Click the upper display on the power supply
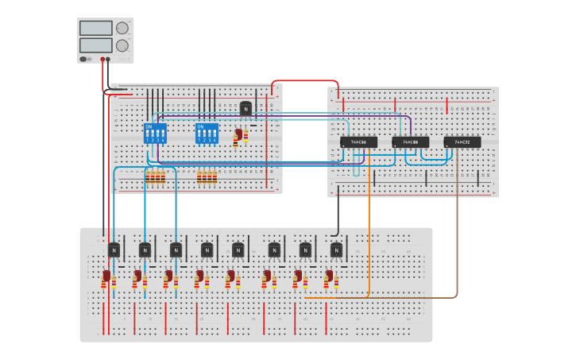click(x=95, y=28)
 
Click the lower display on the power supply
click(x=95, y=45)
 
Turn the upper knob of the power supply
click(x=122, y=28)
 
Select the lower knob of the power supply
click(x=122, y=46)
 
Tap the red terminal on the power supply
click(x=102, y=59)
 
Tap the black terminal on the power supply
click(x=108, y=59)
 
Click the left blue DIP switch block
click(x=155, y=133)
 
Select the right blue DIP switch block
click(x=207, y=133)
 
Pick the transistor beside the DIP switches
click(x=245, y=109)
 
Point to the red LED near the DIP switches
click(x=238, y=136)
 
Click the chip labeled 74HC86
click(x=358, y=142)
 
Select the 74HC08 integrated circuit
click(x=410, y=142)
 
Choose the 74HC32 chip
click(x=462, y=142)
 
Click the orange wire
click(x=369, y=238)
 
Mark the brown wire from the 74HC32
click(x=457, y=238)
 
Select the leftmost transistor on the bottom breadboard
click(x=114, y=250)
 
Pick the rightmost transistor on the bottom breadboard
click(x=336, y=250)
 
